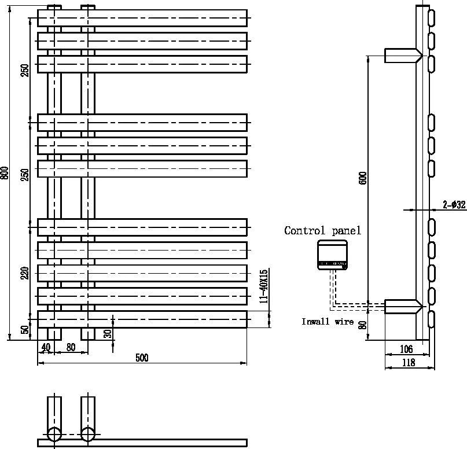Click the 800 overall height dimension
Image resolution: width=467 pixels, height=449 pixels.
(5, 173)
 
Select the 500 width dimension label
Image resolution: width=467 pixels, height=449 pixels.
(142, 358)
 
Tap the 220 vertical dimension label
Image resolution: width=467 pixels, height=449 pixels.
(25, 273)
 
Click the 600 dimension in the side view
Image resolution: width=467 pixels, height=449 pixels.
(363, 178)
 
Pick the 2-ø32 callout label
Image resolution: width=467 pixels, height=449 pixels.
(454, 205)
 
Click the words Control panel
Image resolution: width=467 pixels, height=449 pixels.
(322, 231)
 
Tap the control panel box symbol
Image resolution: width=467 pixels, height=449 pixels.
(333, 255)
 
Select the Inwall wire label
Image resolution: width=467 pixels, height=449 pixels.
(327, 322)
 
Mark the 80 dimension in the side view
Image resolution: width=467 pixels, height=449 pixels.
(363, 325)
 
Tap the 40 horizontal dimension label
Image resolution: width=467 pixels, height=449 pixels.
(45, 348)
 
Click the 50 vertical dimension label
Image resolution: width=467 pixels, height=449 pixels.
(25, 330)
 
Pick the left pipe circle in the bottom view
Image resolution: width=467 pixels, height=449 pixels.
(54, 434)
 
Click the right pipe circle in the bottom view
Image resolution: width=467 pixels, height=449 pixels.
(88, 434)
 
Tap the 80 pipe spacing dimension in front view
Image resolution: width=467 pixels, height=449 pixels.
(71, 348)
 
